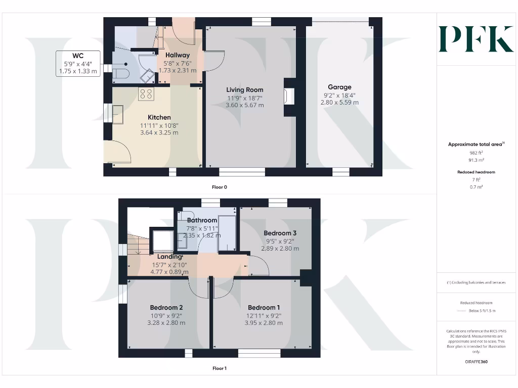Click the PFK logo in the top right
click(476, 39)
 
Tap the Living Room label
click(244, 90)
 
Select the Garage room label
click(339, 87)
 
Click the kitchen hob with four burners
click(146, 93)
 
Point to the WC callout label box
click(78, 64)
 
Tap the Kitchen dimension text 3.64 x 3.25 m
click(159, 133)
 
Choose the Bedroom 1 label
click(264, 308)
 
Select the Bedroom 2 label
click(166, 308)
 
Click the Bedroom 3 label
click(280, 233)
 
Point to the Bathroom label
click(202, 220)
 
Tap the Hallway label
click(177, 55)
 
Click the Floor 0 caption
click(220, 187)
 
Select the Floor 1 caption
click(220, 368)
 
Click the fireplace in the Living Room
click(289, 95)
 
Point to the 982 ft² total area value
click(476, 152)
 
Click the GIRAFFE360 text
click(476, 362)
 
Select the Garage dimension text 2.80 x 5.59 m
click(339, 102)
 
